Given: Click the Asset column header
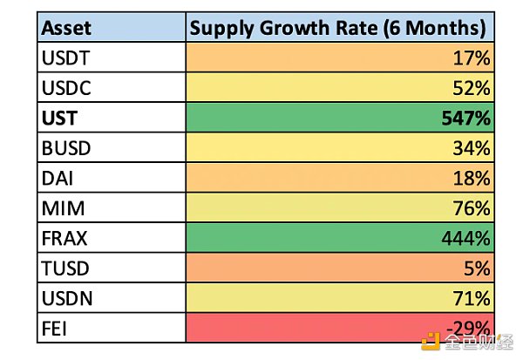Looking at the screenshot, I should [65, 29].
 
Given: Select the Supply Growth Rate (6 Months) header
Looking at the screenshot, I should [337, 29].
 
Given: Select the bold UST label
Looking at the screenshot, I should [62, 117].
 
